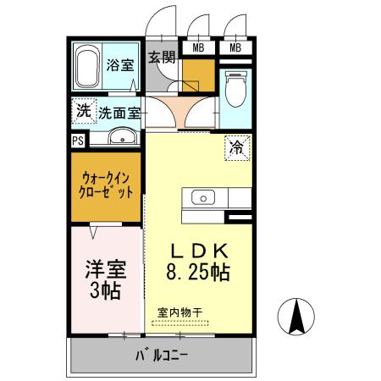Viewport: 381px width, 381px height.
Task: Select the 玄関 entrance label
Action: [x=162, y=58]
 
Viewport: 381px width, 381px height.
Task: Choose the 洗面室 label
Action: [x=119, y=111]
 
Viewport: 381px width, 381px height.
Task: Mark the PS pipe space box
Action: [x=78, y=141]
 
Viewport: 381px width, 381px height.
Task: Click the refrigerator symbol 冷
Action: [x=237, y=147]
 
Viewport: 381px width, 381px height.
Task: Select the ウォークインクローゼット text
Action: [x=108, y=185]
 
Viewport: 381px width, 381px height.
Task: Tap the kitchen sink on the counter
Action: [x=204, y=197]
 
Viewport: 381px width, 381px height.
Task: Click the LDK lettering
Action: [x=200, y=251]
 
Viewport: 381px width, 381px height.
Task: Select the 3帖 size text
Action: [x=105, y=292]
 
